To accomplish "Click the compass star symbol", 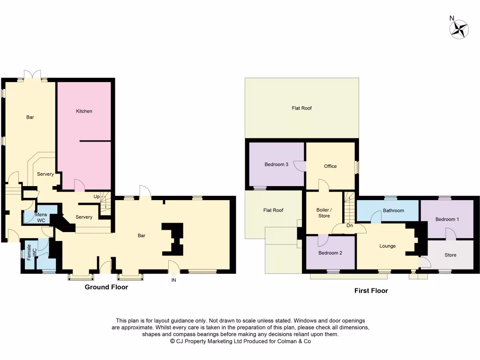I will point(459,30).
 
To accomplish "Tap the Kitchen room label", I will point(84,111).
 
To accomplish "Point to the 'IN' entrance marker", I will point(174,280).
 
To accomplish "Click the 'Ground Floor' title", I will point(106,287).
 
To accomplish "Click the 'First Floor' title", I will point(371,291).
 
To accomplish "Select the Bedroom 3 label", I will point(276,164).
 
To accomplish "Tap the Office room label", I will point(330,166).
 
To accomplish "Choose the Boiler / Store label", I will point(324,213).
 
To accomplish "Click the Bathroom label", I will point(393,210).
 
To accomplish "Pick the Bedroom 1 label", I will point(447,219).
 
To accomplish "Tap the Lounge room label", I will point(388,246).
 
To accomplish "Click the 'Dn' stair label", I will point(349,225).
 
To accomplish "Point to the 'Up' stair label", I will point(96,196).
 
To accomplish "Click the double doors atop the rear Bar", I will point(33,75).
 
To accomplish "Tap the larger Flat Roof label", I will point(301,108).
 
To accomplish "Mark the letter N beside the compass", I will point(452,18).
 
